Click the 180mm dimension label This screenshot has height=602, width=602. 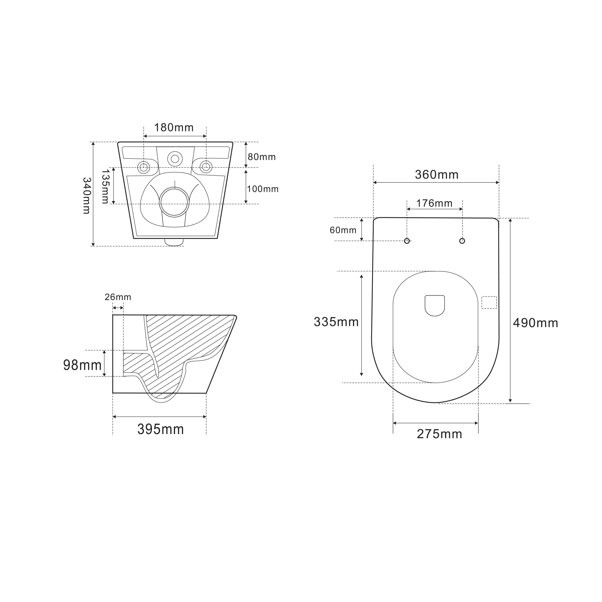pos(174,127)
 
